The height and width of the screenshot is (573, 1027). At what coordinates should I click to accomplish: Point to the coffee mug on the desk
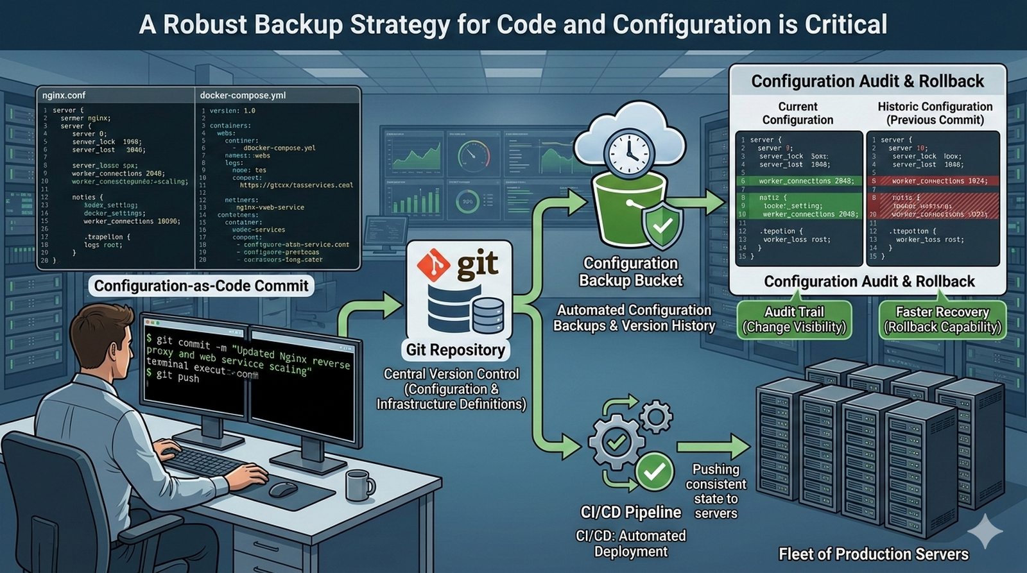[359, 485]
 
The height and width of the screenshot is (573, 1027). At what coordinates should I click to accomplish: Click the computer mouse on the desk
[283, 489]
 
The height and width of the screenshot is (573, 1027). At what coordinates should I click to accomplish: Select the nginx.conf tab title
[64, 95]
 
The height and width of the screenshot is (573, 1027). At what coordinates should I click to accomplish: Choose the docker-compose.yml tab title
[243, 95]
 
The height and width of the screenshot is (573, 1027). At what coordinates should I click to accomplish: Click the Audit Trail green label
[794, 320]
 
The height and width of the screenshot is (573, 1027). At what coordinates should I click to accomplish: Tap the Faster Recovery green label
[942, 320]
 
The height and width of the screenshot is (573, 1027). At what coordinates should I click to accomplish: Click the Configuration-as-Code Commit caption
[201, 286]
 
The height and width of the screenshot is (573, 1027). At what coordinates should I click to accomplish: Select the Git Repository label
[455, 350]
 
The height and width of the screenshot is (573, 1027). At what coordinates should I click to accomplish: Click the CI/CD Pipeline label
[630, 512]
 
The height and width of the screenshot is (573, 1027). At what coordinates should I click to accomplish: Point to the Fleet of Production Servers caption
[873, 554]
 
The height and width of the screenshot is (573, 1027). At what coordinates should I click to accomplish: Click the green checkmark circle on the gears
[654, 472]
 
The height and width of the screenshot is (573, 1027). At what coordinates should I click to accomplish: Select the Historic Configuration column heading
[935, 113]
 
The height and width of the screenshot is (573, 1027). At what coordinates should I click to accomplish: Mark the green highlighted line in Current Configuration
[799, 181]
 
